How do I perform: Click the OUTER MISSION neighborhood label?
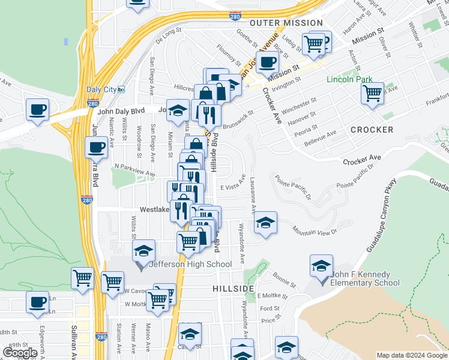click(x=286, y=23)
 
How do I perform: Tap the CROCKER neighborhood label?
click(x=372, y=130)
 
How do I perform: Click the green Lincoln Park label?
click(x=349, y=80)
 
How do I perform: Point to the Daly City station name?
click(x=101, y=89)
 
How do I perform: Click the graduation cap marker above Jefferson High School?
click(x=144, y=251)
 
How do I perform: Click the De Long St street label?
click(x=168, y=37)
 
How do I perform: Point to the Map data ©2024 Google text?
click(x=412, y=355)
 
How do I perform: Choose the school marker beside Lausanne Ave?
click(x=265, y=222)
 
